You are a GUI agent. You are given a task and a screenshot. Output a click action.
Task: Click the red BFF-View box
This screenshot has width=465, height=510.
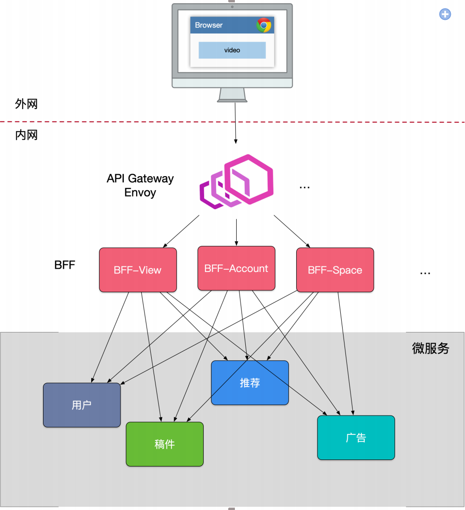[x=138, y=270]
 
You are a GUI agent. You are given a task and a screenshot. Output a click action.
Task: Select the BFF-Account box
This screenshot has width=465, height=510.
[x=236, y=268]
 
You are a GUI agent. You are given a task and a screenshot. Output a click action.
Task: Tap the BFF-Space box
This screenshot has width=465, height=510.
[x=335, y=270]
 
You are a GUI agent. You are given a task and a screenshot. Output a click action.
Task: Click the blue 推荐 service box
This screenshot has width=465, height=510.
[x=250, y=383]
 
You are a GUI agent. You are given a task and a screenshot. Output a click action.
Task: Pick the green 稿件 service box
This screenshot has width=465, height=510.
[x=164, y=444]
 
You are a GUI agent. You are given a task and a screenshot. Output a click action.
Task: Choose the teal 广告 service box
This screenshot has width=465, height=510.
[x=355, y=437]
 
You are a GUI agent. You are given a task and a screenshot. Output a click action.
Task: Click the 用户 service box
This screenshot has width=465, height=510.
[x=82, y=405]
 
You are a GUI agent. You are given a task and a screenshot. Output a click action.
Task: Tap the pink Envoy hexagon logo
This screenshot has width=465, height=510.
[x=237, y=181]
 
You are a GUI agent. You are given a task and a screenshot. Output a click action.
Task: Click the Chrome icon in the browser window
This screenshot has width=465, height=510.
[x=264, y=25]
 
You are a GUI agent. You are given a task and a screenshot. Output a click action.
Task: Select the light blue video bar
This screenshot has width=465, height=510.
[x=232, y=50]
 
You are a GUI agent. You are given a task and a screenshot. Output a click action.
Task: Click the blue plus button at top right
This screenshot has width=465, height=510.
[x=445, y=14]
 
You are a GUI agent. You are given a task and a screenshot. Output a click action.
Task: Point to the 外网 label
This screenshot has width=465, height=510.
[x=26, y=104]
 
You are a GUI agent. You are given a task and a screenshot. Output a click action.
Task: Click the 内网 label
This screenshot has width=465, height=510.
[x=26, y=136]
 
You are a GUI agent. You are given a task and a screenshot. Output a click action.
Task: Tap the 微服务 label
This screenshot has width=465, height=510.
[x=431, y=348]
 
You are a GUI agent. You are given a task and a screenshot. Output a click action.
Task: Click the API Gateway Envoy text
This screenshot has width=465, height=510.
[x=140, y=185]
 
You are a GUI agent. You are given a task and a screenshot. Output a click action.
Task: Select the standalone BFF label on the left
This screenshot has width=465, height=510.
[x=65, y=265]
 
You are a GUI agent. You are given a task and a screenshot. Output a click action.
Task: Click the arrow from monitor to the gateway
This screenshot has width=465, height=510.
[x=235, y=123]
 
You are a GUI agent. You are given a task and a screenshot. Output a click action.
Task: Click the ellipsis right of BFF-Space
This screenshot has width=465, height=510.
[x=425, y=273]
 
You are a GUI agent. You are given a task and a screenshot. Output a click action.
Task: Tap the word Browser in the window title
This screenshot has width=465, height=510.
[x=208, y=25]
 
